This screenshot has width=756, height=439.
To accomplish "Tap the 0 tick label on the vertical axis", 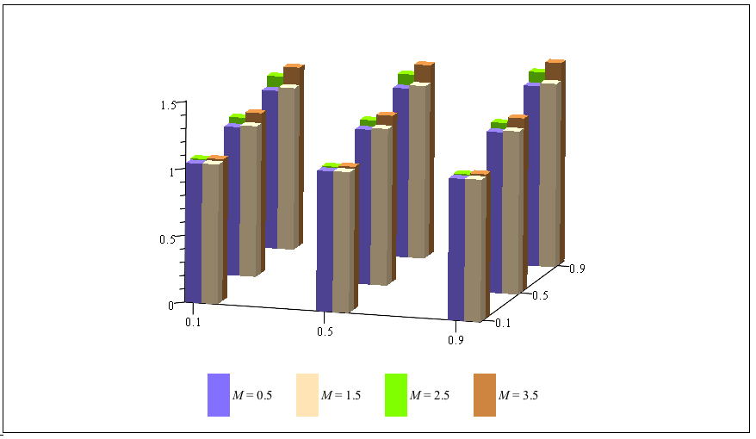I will tap(171, 305).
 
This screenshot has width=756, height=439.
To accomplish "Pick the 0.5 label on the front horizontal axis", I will tap(324, 331).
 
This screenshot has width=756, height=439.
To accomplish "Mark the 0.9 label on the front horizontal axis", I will tap(455, 340).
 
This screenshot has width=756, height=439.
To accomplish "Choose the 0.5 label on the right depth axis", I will tap(540, 295).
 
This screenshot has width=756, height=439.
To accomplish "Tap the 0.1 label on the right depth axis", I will tap(503, 323).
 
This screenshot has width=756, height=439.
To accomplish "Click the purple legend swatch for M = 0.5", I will tap(219, 395).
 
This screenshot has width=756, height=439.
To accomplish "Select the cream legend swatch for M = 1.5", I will tap(307, 395).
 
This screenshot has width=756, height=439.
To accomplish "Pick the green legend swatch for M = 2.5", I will tap(396, 395).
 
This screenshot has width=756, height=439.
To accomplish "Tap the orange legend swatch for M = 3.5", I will tap(485, 395).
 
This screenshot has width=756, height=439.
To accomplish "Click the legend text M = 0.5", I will tap(252, 396).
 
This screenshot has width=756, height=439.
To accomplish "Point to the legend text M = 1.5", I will tap(341, 396).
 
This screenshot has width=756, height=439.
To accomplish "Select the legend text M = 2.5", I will tap(430, 396).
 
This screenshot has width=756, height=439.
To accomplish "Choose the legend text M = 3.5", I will tap(518, 396).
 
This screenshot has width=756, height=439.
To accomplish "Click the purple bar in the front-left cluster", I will tap(194, 232).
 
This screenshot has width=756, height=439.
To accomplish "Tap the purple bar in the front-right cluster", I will tap(456, 250).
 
